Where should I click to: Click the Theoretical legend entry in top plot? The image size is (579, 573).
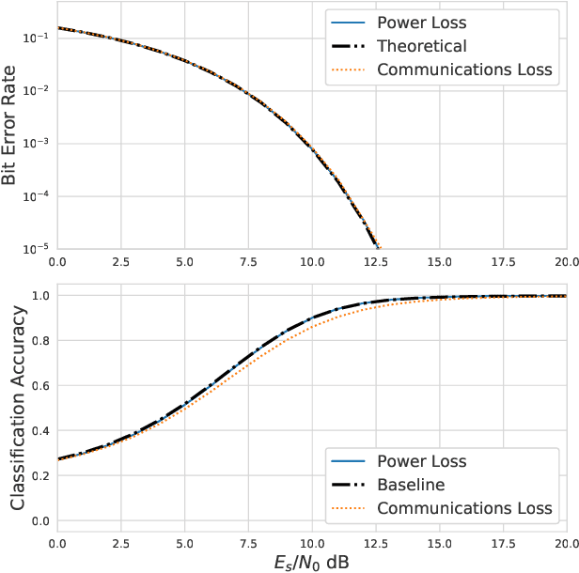pos(422,45)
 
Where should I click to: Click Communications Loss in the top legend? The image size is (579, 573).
pos(464,70)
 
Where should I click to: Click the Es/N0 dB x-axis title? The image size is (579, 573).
pos(311,562)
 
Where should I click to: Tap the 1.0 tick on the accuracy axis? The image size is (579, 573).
pos(42,295)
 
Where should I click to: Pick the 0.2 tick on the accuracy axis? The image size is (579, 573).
pos(42,475)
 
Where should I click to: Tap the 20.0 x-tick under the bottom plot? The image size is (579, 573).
pos(565,543)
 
